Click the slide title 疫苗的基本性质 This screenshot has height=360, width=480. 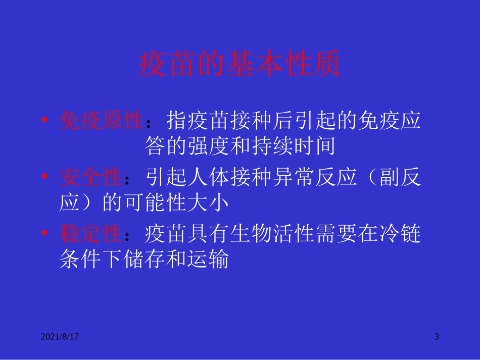(239, 64)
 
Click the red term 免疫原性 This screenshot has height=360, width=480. (102, 121)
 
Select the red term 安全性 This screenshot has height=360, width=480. (91, 177)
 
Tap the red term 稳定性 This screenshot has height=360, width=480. (91, 234)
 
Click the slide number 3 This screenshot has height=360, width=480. (437, 336)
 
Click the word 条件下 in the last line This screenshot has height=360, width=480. (91, 260)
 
